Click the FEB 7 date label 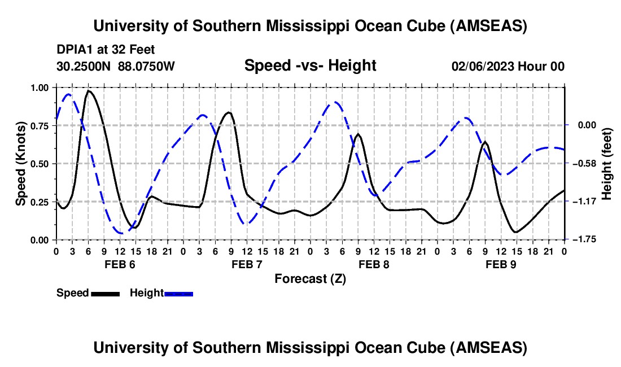tap(247, 264)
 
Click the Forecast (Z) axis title tap(310, 278)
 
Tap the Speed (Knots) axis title tap(21, 164)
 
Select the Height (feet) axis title tap(607, 164)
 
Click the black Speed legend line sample tap(105, 294)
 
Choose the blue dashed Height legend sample tap(178, 294)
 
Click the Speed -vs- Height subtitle tap(310, 65)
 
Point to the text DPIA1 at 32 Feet tap(106, 50)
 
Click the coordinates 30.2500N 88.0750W tap(116, 66)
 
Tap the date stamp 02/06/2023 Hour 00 tap(508, 66)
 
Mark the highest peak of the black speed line tap(89, 90)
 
